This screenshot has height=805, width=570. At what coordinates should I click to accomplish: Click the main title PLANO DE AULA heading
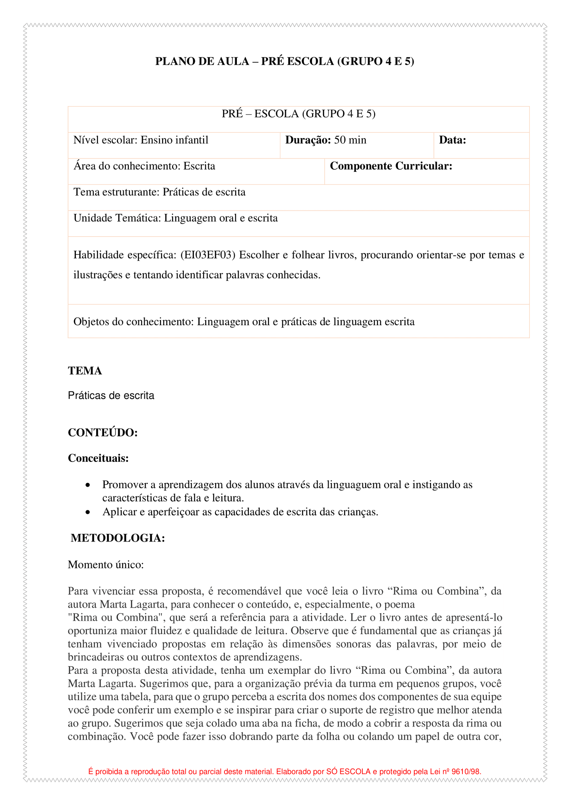284,62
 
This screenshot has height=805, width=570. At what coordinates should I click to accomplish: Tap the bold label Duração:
308,140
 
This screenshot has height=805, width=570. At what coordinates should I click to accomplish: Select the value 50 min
350,140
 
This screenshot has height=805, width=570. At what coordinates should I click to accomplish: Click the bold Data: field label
452,140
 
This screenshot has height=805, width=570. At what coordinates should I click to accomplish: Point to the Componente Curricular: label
391,166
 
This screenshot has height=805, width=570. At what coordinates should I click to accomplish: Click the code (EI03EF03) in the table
208,255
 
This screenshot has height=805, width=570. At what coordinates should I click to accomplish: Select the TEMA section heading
85,371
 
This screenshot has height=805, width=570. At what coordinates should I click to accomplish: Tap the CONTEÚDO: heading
103,433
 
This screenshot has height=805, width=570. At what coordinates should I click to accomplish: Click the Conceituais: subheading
98,458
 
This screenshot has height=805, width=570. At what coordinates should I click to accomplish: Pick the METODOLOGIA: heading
118,538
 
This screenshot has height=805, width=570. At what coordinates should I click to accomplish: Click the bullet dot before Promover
88,485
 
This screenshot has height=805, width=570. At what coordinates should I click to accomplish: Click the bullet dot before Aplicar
88,512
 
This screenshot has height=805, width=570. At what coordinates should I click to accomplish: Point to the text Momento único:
106,565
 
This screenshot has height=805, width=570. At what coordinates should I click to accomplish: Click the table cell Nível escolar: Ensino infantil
141,140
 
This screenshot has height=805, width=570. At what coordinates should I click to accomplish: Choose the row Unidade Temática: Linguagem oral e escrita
175,218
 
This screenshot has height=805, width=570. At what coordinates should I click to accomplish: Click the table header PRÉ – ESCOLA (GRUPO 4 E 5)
299,114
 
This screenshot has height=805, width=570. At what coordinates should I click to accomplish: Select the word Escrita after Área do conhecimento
199,166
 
